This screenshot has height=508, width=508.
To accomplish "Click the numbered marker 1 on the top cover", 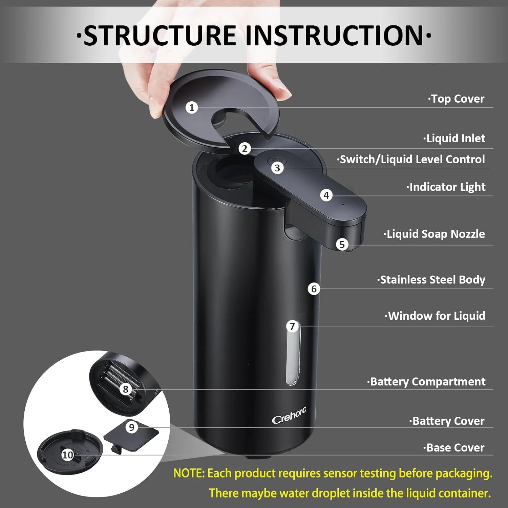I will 192,108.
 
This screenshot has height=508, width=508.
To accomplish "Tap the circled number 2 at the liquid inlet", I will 245,149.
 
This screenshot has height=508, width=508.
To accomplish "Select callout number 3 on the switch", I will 277,168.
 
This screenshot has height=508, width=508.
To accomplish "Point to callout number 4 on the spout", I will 326,195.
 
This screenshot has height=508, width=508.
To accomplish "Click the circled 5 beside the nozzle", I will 342,245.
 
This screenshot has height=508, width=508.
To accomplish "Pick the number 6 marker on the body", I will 314,289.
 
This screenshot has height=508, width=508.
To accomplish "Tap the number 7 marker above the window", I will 292,326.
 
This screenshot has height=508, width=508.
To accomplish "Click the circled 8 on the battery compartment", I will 126,389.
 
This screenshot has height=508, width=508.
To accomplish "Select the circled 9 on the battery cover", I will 132,427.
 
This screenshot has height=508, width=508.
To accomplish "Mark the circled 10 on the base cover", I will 68,455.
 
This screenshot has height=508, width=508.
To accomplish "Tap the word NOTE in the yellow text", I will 189,473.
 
